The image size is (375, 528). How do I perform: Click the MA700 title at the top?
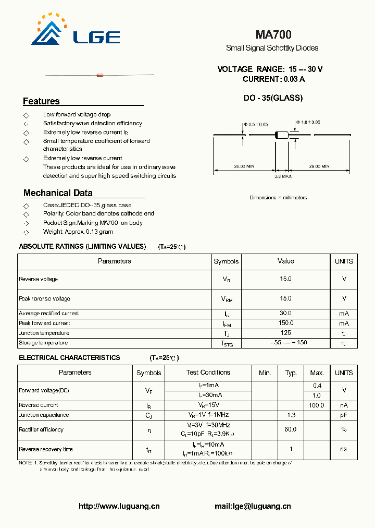click(273, 34)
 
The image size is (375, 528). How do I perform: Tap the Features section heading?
click(41, 101)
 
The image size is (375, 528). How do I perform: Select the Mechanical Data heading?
click(58, 193)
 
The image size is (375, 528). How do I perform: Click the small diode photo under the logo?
click(99, 75)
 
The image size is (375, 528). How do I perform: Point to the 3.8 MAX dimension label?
click(283, 177)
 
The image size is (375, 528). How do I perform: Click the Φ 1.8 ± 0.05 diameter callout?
click(308, 122)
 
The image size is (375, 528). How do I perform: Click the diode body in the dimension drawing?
click(281, 136)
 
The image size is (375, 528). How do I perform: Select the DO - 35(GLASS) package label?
click(273, 98)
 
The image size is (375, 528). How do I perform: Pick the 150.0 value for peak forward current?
click(285, 323)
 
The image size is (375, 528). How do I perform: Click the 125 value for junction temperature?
click(285, 333)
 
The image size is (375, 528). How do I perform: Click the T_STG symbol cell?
click(227, 343)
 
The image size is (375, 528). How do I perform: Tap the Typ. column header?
click(291, 373)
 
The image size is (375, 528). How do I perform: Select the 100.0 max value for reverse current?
click(317, 405)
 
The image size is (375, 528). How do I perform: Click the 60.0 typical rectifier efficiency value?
click(291, 429)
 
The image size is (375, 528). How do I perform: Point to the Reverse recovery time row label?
click(46, 449)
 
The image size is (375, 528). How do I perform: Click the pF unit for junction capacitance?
click(344, 415)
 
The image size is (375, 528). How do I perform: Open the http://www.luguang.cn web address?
click(119, 506)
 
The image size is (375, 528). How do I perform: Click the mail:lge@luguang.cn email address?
click(253, 506)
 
